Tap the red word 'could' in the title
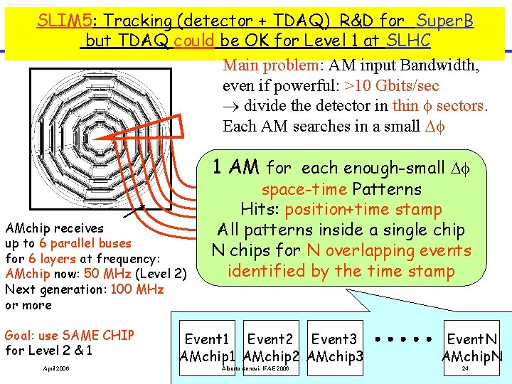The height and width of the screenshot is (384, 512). tap(193, 41)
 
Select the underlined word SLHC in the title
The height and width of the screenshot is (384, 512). tap(409, 41)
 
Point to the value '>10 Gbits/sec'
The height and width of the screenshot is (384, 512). tap(392, 86)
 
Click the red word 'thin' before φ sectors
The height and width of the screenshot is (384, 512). tap(405, 106)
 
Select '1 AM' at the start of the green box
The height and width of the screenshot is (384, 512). tap(236, 168)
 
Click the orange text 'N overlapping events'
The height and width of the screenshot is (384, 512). tap(389, 250)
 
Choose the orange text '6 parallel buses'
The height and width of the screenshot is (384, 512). tap(85, 243)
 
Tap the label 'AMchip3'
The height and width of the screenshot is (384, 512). tap(335, 356)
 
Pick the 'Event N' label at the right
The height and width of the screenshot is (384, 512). tap(471, 341)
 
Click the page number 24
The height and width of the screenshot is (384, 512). tap(465, 369)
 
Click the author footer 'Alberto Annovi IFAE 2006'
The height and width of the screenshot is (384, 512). tap(255, 370)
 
